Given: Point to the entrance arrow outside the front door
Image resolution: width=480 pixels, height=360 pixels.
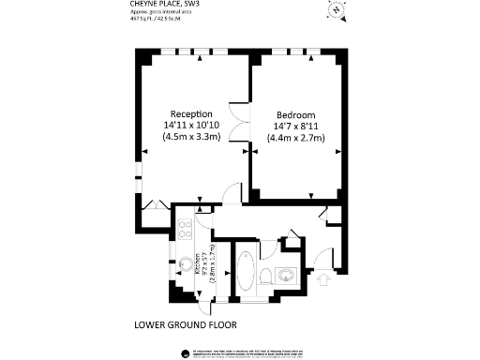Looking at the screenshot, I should (x=325, y=277).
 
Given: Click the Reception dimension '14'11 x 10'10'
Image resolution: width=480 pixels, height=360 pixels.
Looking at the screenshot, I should (x=191, y=125).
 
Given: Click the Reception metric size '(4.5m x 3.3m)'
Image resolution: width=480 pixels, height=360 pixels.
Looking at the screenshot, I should (x=191, y=137).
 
